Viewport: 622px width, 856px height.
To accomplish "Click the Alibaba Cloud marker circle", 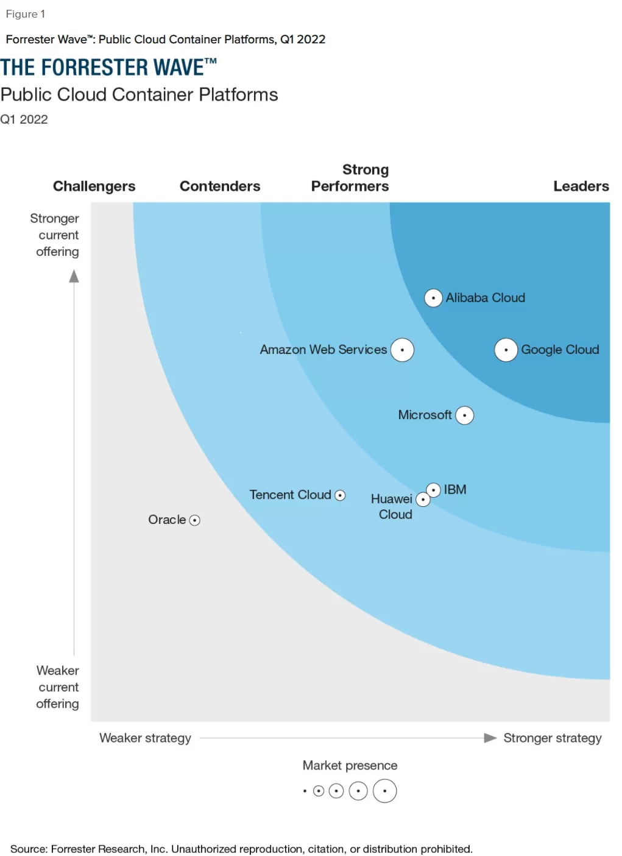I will click(x=433, y=298).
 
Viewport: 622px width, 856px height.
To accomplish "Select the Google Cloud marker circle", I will click(x=506, y=350).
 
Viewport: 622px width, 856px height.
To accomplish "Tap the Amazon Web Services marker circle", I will click(x=402, y=350).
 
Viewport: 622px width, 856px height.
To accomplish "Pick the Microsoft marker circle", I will click(x=465, y=416).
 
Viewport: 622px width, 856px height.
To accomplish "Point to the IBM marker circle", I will click(x=433, y=490).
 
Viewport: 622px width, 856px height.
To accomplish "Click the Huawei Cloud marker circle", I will click(x=423, y=500).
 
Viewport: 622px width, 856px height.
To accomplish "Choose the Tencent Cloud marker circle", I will click(x=341, y=495).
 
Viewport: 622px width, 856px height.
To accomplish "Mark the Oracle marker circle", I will click(x=195, y=520).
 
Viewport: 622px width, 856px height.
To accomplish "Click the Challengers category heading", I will click(x=94, y=186).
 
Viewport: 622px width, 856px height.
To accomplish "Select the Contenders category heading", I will click(x=220, y=186).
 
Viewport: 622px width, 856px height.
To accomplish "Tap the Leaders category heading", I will click(x=581, y=186).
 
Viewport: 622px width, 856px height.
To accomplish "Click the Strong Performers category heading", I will click(x=350, y=178).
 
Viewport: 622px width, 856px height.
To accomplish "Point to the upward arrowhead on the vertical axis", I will click(x=74, y=277).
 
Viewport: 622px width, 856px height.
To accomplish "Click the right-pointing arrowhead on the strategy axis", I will click(x=490, y=738).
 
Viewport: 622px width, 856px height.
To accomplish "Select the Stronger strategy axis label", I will click(x=552, y=738).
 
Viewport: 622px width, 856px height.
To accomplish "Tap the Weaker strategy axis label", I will click(x=145, y=738).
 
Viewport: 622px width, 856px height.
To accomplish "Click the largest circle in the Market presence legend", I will click(x=384, y=791).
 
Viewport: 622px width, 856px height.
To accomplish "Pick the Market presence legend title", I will click(x=350, y=765).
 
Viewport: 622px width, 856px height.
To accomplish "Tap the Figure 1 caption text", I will click(x=26, y=14).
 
